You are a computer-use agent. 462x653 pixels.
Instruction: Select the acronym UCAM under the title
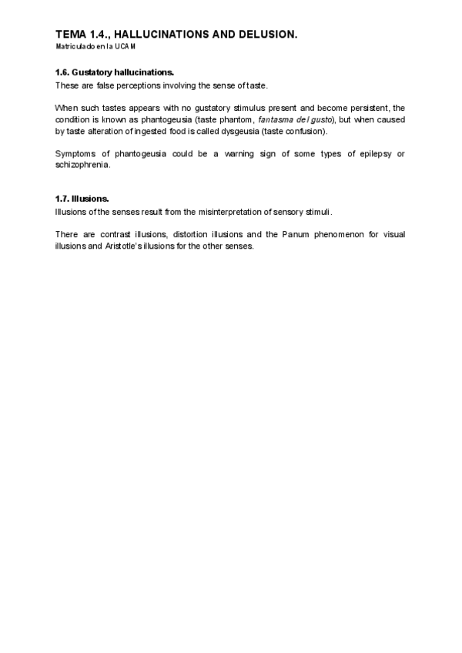[126, 46]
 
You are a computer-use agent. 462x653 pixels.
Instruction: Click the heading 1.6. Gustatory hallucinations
[114, 72]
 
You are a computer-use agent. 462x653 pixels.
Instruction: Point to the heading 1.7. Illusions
[82, 199]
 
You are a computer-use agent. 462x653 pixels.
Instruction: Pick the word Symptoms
[75, 154]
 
